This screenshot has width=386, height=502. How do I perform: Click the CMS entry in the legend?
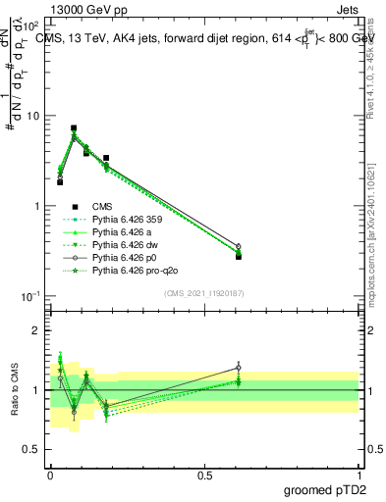click(103, 207)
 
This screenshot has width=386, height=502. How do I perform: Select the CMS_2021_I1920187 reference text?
click(204, 292)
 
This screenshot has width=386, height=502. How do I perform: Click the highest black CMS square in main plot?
click(74, 128)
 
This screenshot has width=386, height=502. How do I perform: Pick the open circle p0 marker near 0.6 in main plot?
click(238, 247)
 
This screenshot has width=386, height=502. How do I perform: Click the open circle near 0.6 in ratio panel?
click(238, 368)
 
